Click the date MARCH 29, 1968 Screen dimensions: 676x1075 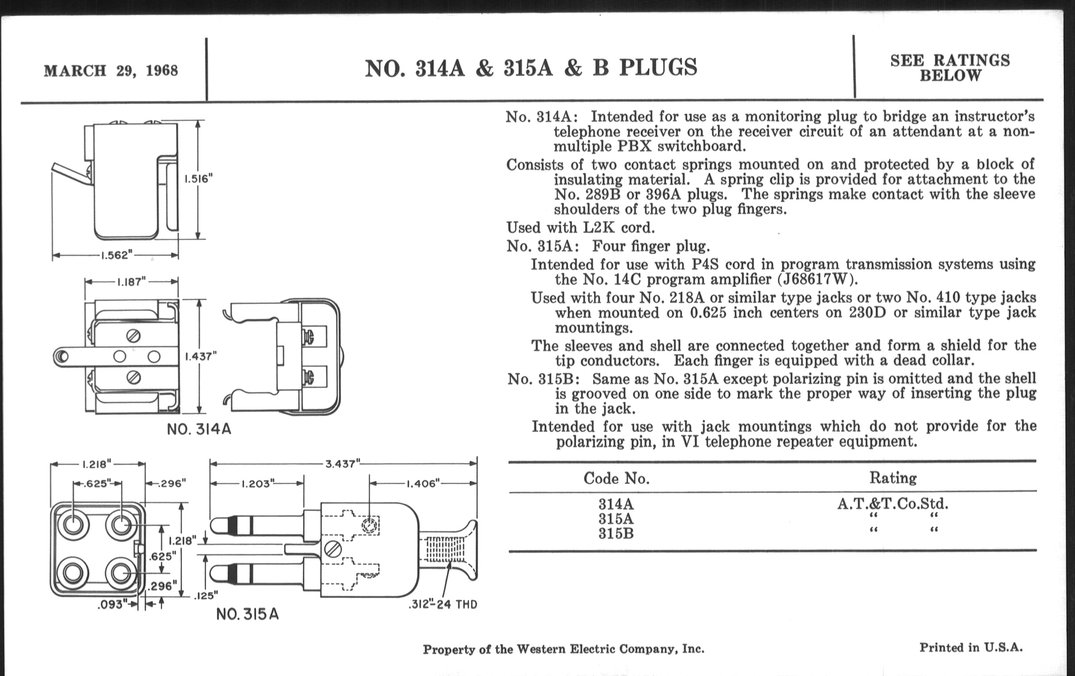(x=111, y=71)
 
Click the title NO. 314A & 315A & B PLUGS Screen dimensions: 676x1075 (x=531, y=68)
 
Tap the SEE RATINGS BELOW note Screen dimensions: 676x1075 (x=950, y=68)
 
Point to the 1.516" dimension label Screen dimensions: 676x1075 (x=198, y=179)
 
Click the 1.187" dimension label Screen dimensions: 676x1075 (x=131, y=282)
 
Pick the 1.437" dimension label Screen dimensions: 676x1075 (x=200, y=356)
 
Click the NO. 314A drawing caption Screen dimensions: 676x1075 (x=199, y=429)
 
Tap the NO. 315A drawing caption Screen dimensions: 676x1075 (x=248, y=615)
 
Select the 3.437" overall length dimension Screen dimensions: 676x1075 (x=343, y=463)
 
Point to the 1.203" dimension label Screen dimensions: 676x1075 (x=257, y=484)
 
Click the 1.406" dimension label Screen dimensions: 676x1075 (x=422, y=484)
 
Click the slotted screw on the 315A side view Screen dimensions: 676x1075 (x=333, y=549)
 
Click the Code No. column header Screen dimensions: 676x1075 (x=616, y=479)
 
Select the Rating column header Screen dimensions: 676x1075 (x=893, y=478)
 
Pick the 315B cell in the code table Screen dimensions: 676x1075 (x=616, y=534)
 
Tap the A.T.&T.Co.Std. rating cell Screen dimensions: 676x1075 (x=893, y=504)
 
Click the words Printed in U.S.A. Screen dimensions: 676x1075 (x=971, y=647)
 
